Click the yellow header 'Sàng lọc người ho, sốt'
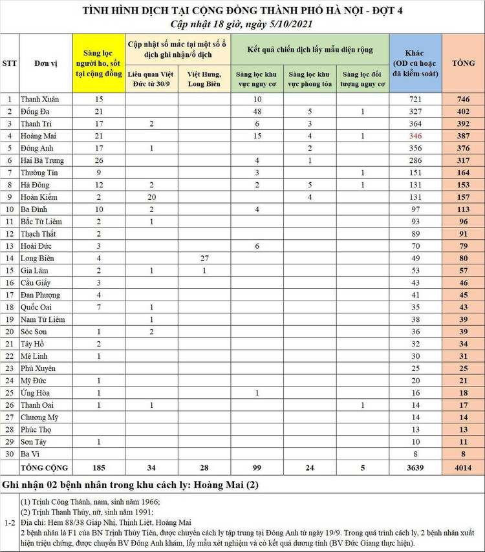(x=99, y=63)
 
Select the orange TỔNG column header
(x=463, y=63)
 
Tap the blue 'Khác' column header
(x=415, y=63)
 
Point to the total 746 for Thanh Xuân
(x=463, y=100)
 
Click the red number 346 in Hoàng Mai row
(x=415, y=136)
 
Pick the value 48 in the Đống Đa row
(x=257, y=112)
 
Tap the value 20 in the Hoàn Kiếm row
(x=151, y=197)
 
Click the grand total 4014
(x=463, y=467)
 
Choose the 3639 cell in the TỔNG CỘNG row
(x=415, y=467)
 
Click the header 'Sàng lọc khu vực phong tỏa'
(x=310, y=79)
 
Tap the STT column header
(x=10, y=63)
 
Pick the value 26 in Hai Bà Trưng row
(x=99, y=160)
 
